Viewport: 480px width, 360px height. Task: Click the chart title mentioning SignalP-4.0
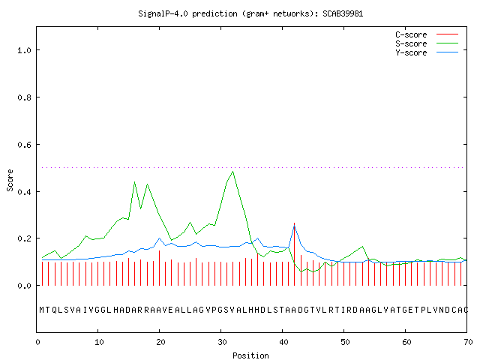click(250, 13)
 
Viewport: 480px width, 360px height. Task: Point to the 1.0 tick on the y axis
click(24, 50)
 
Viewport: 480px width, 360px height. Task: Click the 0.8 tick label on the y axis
click(24, 97)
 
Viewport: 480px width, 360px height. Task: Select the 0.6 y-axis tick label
click(24, 145)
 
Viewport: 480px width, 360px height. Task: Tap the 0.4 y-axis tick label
click(24, 192)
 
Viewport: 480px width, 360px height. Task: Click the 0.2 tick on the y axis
click(24, 238)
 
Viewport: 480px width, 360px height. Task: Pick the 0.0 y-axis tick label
click(24, 286)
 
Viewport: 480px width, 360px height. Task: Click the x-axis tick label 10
click(99, 342)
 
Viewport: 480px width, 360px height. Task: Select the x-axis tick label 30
click(222, 342)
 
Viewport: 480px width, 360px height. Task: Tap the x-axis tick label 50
click(345, 342)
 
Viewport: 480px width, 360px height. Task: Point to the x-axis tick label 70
click(468, 342)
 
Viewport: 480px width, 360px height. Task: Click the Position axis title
click(250, 355)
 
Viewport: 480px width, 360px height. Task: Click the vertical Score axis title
click(10, 180)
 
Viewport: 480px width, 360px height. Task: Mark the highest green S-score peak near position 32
click(233, 172)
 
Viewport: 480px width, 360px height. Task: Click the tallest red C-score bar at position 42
click(295, 254)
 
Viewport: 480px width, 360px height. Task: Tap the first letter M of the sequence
click(42, 310)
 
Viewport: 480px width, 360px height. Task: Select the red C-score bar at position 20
click(159, 268)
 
